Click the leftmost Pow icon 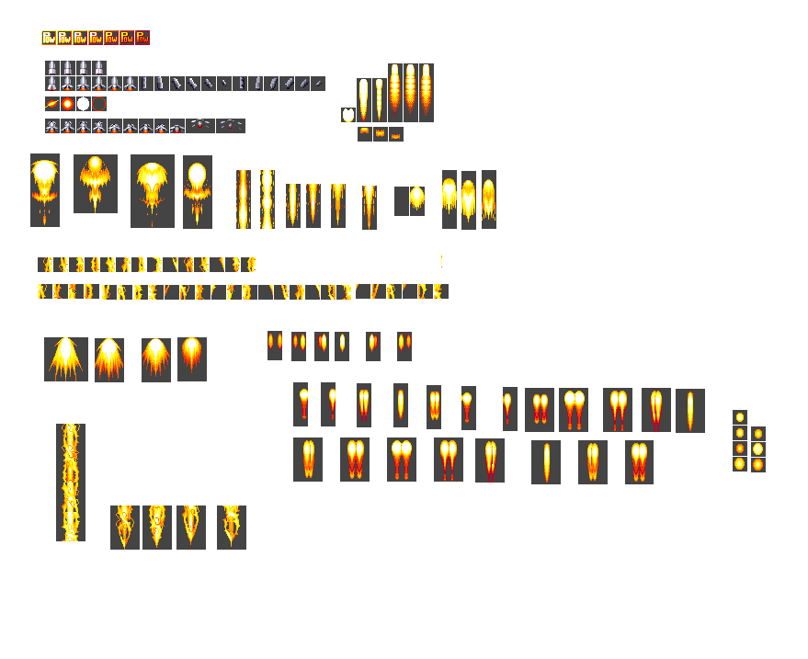(49, 38)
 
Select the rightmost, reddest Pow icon (142, 38)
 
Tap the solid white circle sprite (83, 104)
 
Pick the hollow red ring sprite (99, 104)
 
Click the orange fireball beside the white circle (67, 104)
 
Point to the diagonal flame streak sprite (51, 104)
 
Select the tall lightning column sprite (71, 483)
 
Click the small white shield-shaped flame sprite (347, 115)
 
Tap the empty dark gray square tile (401, 200)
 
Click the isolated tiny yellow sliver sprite (442, 262)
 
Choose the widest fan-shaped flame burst (66, 359)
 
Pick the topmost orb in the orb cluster (740, 417)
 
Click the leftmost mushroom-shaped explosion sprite (45, 190)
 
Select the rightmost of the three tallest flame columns (426, 92)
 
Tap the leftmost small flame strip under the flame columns (365, 134)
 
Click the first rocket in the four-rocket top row (52, 68)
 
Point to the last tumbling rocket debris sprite (318, 84)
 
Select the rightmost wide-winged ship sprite (231, 126)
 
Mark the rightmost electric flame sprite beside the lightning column (232, 528)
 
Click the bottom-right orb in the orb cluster (758, 464)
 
